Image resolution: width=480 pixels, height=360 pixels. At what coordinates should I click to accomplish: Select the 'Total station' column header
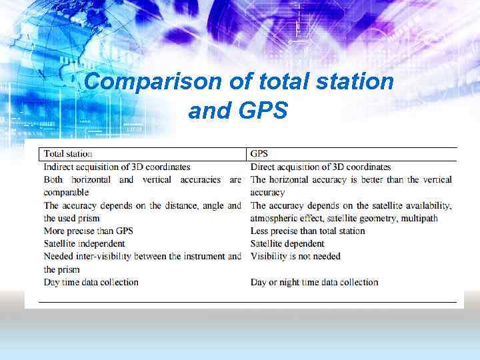tap(68, 154)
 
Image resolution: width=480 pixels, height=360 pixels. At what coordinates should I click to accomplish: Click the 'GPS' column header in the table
tap(259, 154)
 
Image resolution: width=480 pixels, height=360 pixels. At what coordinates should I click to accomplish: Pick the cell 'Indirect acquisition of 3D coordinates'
tap(117, 167)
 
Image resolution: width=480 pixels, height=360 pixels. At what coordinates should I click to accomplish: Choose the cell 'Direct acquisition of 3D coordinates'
tap(320, 167)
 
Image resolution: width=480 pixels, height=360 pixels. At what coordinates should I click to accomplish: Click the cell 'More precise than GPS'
tap(88, 231)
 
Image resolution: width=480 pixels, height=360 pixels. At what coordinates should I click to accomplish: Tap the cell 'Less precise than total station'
tap(307, 231)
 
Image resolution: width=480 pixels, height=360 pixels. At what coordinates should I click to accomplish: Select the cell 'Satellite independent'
tap(84, 243)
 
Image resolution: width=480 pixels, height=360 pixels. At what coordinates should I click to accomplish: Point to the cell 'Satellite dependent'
tap(287, 243)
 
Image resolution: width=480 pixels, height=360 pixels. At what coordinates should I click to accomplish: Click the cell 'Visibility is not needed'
tap(295, 256)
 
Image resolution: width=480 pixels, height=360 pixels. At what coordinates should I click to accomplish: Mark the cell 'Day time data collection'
tap(91, 282)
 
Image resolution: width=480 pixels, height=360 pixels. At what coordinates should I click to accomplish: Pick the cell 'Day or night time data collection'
tap(314, 282)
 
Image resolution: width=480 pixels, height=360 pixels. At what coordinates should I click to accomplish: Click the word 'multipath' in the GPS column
tap(418, 218)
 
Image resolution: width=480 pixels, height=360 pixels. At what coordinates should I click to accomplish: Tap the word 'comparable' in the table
tap(66, 193)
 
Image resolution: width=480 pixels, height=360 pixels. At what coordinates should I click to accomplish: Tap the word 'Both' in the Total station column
tap(55, 179)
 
